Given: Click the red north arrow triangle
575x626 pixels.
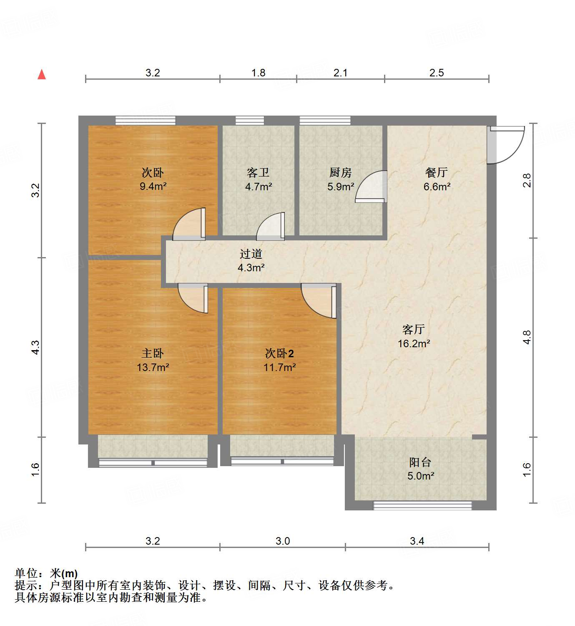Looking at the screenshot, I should click(42, 74).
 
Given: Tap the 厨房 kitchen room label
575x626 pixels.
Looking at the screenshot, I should click(340, 172).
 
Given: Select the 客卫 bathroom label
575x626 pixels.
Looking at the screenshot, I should click(258, 172).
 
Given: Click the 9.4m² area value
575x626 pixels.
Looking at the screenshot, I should click(153, 187).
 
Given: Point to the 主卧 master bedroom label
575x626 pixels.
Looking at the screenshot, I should click(153, 353).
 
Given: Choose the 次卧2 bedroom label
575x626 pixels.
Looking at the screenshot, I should click(279, 353).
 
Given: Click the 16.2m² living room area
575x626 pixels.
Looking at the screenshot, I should click(414, 343).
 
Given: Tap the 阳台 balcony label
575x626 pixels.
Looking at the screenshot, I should click(420, 462).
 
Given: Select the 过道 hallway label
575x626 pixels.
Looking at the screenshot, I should click(251, 254).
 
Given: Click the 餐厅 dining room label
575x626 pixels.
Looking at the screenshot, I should click(437, 172).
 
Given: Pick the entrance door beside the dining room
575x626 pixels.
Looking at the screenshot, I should click(505, 144).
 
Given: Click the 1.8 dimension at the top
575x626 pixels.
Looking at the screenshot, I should click(258, 73).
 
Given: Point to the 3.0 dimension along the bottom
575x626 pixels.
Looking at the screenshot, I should click(282, 541).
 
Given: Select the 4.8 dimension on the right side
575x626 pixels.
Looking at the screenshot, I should click(527, 337).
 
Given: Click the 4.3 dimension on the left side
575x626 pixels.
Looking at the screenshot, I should click(36, 347).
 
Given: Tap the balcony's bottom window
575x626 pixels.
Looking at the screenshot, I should click(422, 505).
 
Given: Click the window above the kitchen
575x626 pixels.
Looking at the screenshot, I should click(325, 121).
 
